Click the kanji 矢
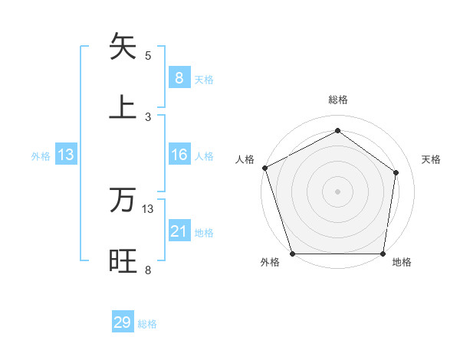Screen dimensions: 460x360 tap(123, 47)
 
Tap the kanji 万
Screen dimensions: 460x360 tap(123, 201)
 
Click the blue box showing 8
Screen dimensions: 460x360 tap(179, 77)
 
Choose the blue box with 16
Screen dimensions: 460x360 tap(179, 155)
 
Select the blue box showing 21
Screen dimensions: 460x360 tap(179, 231)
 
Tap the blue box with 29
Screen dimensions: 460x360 tap(123, 322)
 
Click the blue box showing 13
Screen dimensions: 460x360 tap(66, 155)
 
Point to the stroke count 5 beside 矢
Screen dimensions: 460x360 tap(148, 55)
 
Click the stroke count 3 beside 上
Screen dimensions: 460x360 tap(148, 116)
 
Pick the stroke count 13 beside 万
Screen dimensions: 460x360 tap(148, 208)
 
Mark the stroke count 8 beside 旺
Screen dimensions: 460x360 tap(148, 270)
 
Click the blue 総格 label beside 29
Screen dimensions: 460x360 tap(147, 324)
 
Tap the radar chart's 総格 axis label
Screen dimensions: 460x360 tap(337, 100)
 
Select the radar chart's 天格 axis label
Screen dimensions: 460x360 tap(431, 159)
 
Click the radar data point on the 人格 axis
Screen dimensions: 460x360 tap(264, 168)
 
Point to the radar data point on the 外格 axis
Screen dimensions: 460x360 tap(293, 254)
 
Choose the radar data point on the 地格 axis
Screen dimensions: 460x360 tap(383, 254)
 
